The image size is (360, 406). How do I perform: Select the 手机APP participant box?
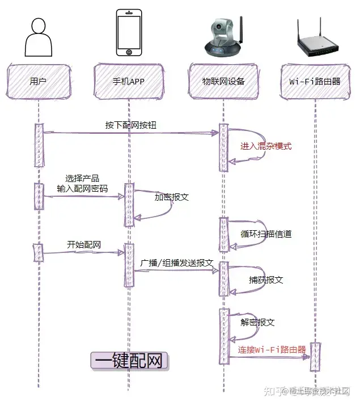click(129, 81)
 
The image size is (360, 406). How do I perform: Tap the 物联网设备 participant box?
click(223, 81)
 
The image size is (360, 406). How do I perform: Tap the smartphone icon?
click(129, 32)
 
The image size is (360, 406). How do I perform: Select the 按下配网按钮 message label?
click(130, 125)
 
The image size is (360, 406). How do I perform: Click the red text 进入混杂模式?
click(266, 146)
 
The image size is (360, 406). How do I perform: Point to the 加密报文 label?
click(172, 198)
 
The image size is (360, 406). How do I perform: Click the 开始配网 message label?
click(84, 245)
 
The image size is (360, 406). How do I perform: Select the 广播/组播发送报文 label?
click(177, 263)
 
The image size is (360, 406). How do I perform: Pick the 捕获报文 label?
click(266, 280)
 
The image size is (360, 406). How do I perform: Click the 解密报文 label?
click(257, 322)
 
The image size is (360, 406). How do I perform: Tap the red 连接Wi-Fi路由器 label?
click(272, 349)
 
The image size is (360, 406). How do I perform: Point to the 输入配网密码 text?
click(82, 188)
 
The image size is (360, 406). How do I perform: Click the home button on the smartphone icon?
click(129, 52)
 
